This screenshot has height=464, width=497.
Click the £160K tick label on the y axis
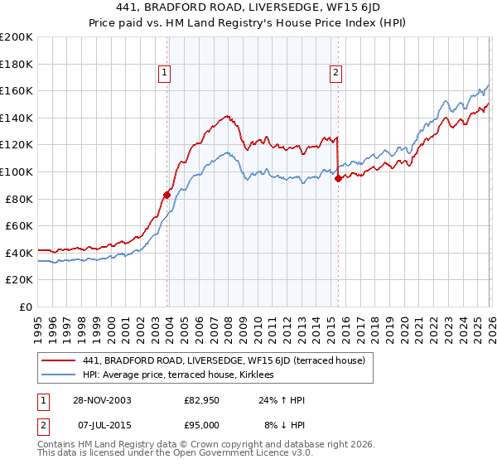[x=17, y=90]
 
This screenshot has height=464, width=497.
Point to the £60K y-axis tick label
[x=19, y=225]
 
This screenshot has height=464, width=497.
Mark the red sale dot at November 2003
[x=167, y=195]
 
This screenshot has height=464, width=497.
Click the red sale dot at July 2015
[x=337, y=178]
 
